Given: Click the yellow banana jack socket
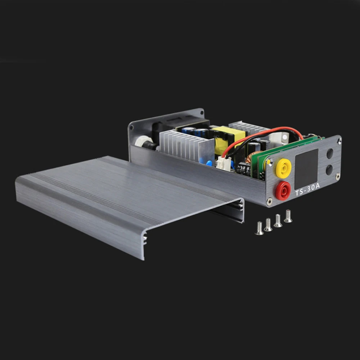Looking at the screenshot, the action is (x=283, y=168).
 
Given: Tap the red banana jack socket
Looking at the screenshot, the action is (x=283, y=190).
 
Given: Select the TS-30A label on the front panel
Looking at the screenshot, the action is (x=307, y=190).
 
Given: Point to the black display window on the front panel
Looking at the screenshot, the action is (x=306, y=169).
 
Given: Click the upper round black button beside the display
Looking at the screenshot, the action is (x=330, y=154).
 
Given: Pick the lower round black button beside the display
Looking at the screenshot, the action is (x=329, y=170).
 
